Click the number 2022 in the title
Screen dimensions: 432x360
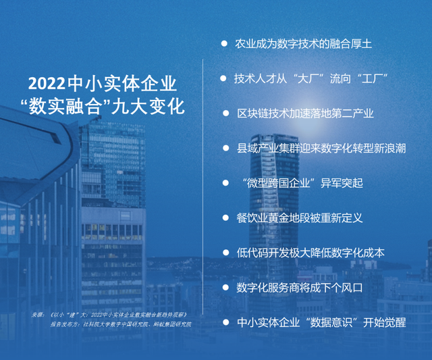pos(47,84)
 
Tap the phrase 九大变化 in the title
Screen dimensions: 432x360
pos(148,107)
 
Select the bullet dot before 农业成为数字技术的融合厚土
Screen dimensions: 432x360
pos(224,43)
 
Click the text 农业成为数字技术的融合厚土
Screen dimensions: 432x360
pos(303,44)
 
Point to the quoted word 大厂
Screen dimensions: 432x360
pos(308,79)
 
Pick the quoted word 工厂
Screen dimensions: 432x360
pos(372,79)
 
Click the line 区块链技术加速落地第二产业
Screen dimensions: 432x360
pos(305,113)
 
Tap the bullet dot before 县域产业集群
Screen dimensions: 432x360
pos(226,148)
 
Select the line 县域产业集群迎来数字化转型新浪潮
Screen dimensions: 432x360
pos(321,149)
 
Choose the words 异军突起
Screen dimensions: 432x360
pos(342,183)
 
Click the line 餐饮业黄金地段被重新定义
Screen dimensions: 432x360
pos(300,218)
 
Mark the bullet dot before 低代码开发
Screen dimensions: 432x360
pos(226,253)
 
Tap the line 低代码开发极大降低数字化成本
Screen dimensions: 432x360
pos(310,253)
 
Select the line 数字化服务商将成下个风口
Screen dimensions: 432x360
pos(300,288)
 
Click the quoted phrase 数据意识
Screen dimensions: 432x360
pos(331,322)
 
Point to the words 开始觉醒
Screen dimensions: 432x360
pos(385,322)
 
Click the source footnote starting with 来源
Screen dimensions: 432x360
pos(109,315)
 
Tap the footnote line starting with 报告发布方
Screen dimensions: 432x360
pos(121,324)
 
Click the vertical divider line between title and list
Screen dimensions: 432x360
pos(202,186)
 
